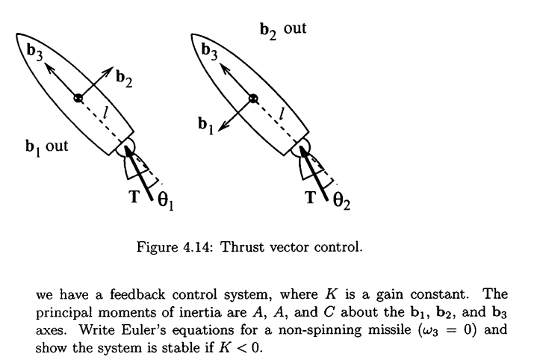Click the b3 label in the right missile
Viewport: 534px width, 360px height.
tap(210, 54)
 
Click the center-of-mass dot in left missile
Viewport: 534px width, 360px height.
tap(78, 98)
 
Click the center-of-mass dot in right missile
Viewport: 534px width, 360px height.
tap(254, 98)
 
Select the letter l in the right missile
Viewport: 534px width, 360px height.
tap(282, 113)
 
